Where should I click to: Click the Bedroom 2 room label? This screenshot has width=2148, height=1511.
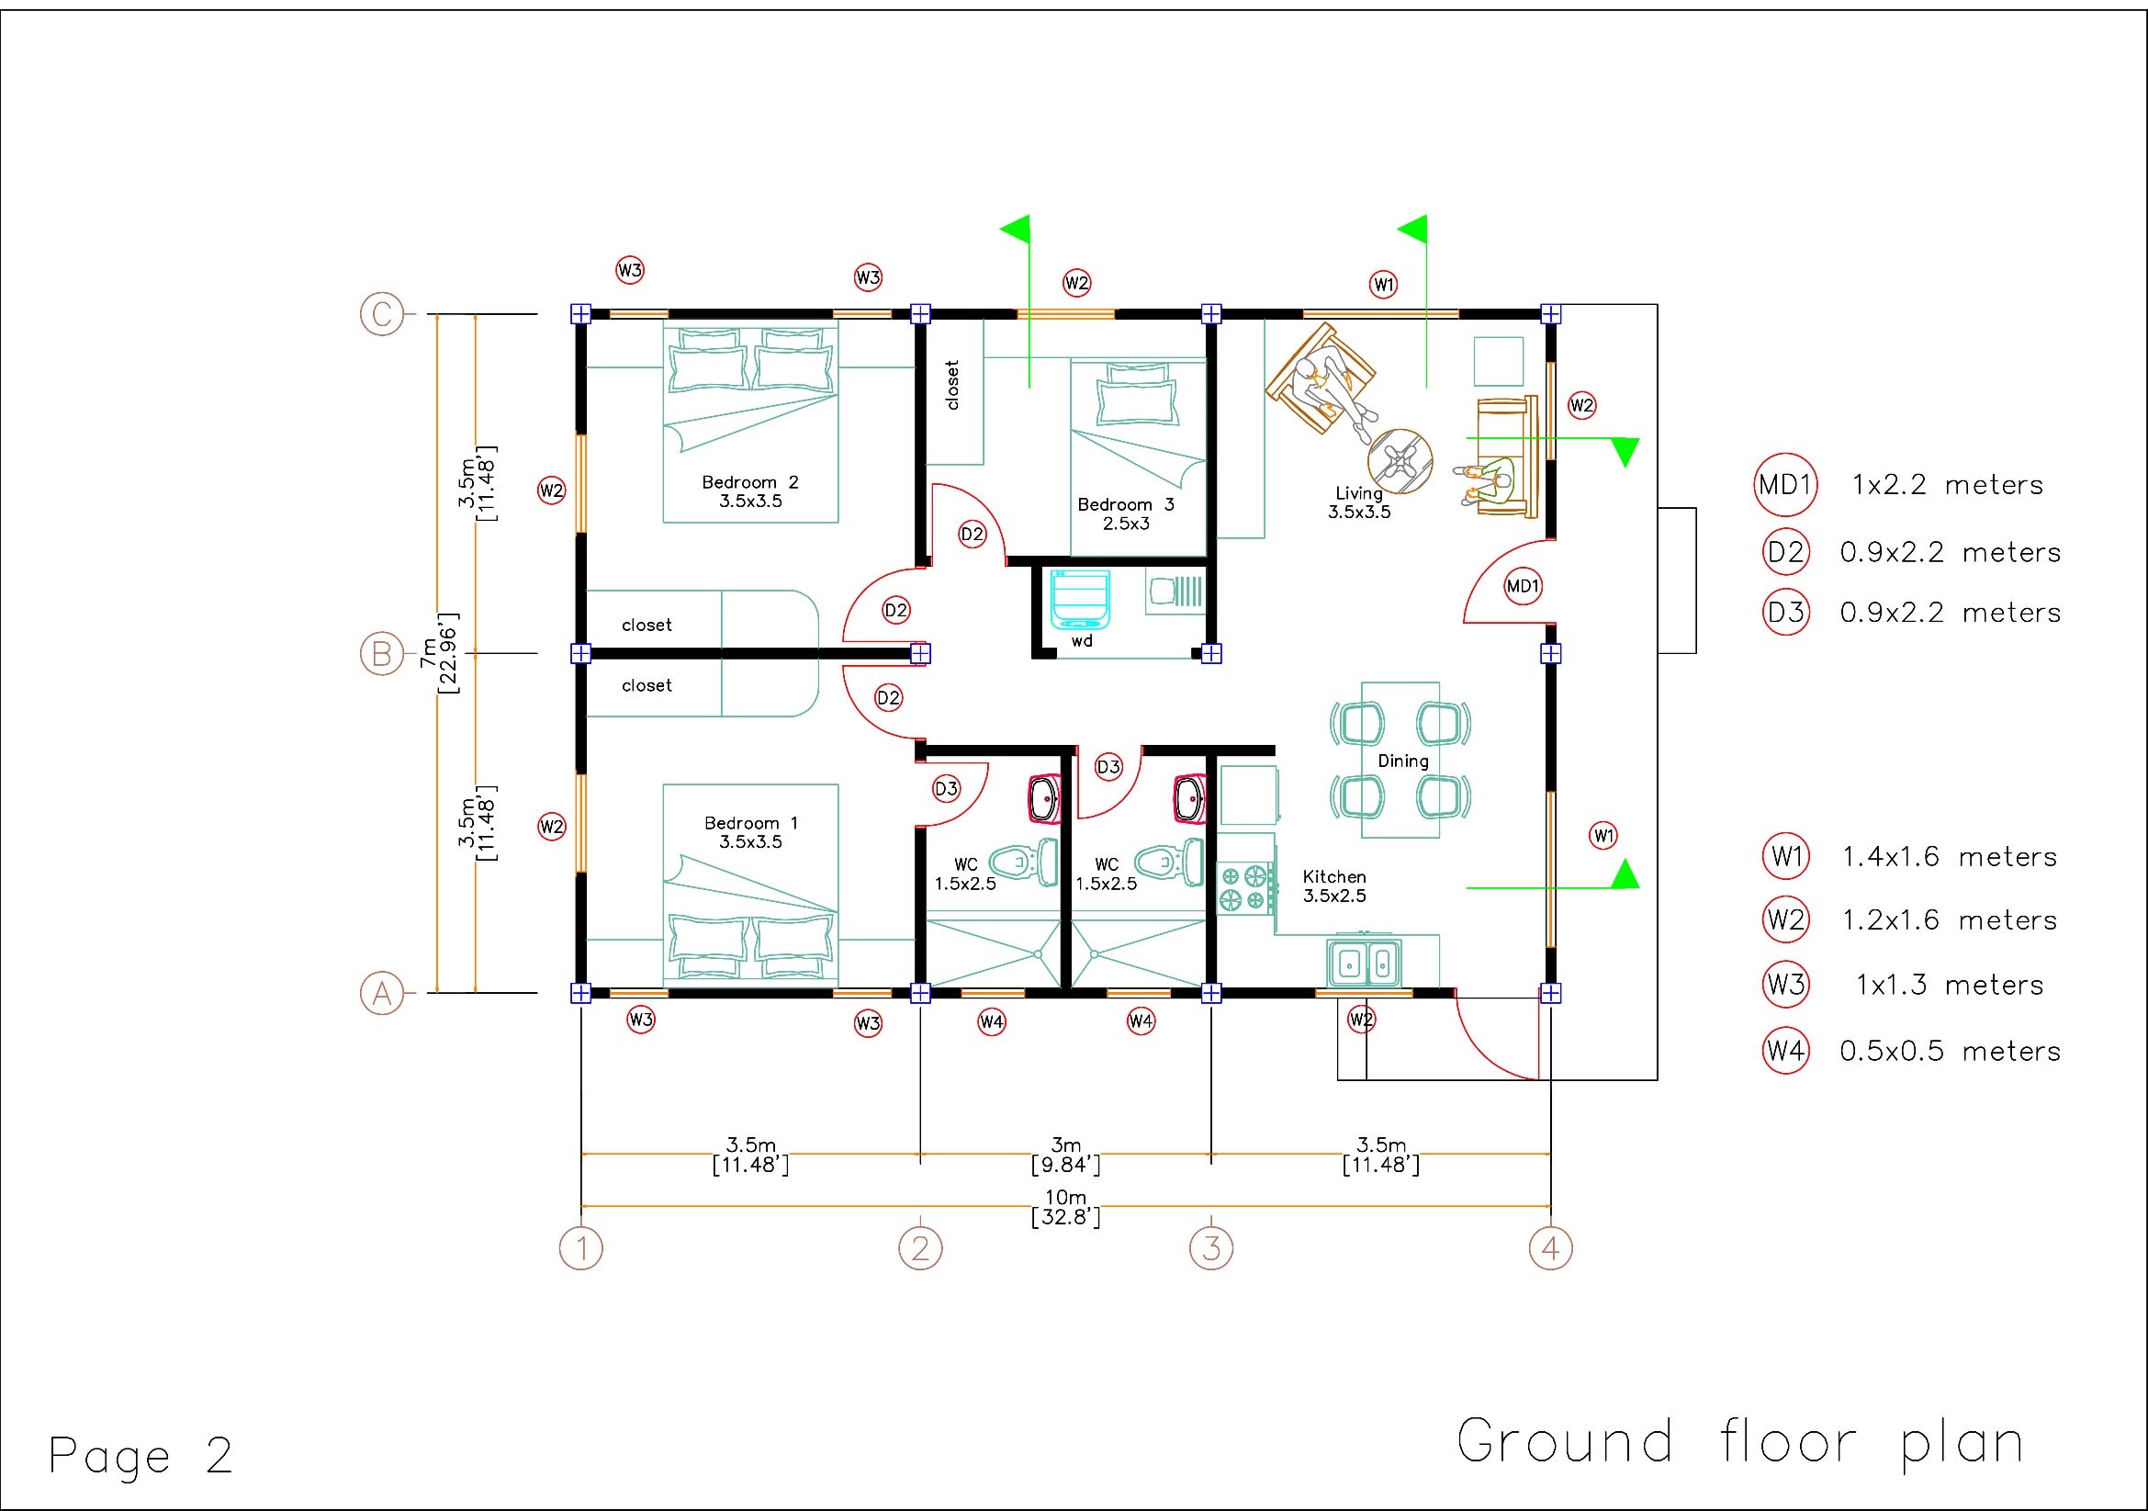pyautogui.click(x=750, y=491)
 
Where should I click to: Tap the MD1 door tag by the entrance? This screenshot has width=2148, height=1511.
pyautogui.click(x=1522, y=586)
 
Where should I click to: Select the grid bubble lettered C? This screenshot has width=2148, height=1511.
pyautogui.click(x=382, y=313)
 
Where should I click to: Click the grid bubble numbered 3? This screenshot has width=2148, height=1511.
pyautogui.click(x=1210, y=1248)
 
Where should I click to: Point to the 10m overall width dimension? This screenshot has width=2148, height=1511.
pyautogui.click(x=1064, y=1207)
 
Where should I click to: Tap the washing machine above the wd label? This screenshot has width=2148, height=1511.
pyautogui.click(x=1080, y=599)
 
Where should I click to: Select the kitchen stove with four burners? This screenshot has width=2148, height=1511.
pyautogui.click(x=1245, y=888)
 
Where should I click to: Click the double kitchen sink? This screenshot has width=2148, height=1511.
pyautogui.click(x=1363, y=963)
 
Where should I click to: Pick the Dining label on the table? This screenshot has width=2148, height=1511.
pyautogui.click(x=1402, y=761)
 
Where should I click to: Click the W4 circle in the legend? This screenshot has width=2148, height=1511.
pyautogui.click(x=1785, y=1050)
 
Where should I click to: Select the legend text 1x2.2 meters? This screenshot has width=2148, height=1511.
pyautogui.click(x=1947, y=485)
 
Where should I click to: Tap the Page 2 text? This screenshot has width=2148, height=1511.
pyautogui.click(x=141, y=1455)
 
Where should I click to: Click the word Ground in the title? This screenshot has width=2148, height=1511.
pyautogui.click(x=1564, y=1441)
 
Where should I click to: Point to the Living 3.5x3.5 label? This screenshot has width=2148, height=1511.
pyautogui.click(x=1358, y=502)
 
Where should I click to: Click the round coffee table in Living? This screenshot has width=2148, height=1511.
pyautogui.click(x=1400, y=461)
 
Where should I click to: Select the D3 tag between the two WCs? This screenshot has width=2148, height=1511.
pyautogui.click(x=1108, y=767)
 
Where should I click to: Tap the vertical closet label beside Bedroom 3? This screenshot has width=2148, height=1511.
pyautogui.click(x=952, y=385)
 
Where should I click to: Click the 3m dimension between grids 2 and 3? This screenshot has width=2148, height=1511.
pyautogui.click(x=1064, y=1155)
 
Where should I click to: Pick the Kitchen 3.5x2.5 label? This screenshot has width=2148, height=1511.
pyautogui.click(x=1334, y=886)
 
